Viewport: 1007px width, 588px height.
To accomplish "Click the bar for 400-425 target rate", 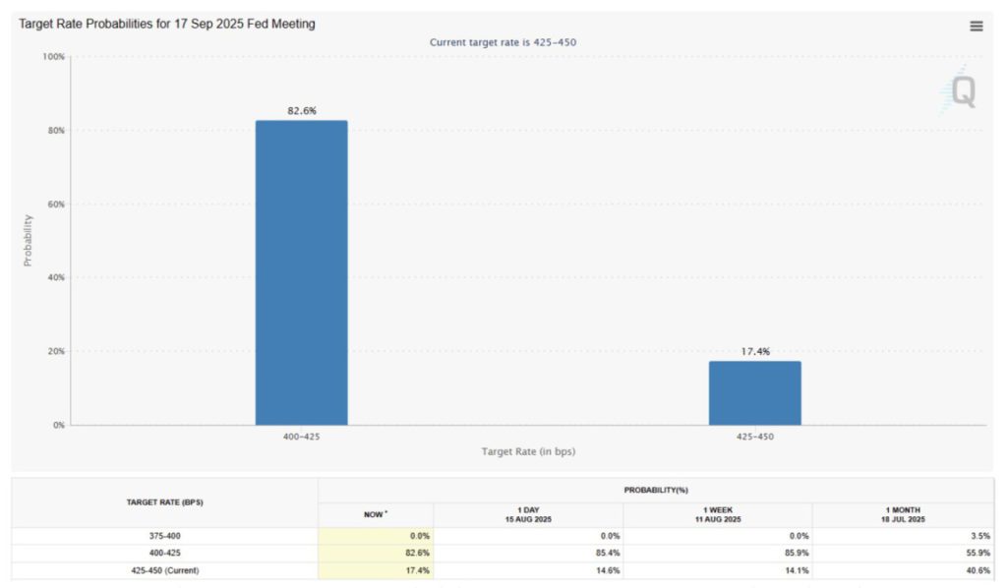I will pyautogui.click(x=301, y=272).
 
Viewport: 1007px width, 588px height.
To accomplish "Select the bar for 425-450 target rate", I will pyautogui.click(x=754, y=392).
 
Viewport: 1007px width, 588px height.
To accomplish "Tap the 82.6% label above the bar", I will pyautogui.click(x=301, y=111).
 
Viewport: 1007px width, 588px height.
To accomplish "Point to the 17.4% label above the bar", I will pyautogui.click(x=754, y=351).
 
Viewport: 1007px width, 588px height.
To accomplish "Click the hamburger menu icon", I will pyautogui.click(x=977, y=27).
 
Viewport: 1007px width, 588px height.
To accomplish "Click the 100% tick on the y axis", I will pyautogui.click(x=53, y=57).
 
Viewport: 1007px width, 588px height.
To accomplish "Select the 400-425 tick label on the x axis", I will pyautogui.click(x=301, y=435).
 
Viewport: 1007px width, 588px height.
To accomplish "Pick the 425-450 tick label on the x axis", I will pyautogui.click(x=754, y=435).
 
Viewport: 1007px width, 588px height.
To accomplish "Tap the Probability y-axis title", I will pyautogui.click(x=28, y=241).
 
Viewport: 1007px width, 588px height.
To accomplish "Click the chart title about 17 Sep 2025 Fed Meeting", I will pyautogui.click(x=167, y=24).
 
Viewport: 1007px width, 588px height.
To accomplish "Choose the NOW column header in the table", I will pyautogui.click(x=376, y=514).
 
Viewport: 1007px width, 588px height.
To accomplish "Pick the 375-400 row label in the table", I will pyautogui.click(x=164, y=536).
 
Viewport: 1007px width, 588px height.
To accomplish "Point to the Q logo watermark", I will pyautogui.click(x=962, y=92).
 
